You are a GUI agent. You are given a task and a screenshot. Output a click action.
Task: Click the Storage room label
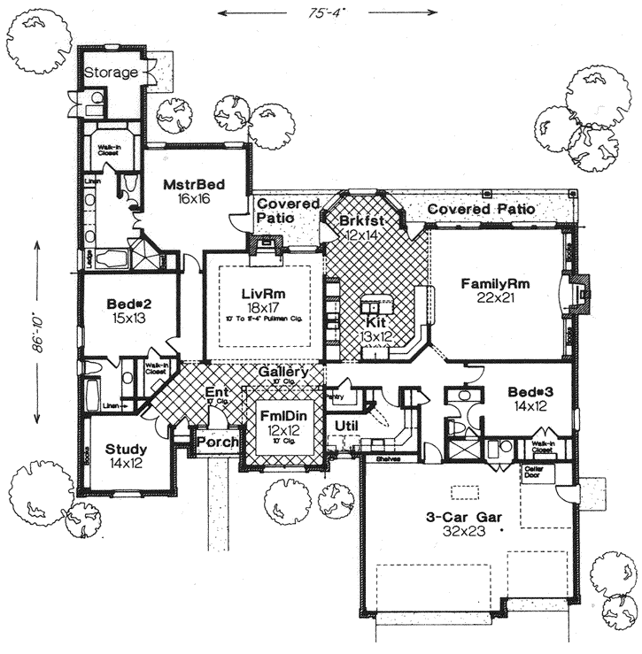tap(111, 73)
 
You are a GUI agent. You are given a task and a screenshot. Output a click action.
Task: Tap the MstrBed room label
tap(192, 185)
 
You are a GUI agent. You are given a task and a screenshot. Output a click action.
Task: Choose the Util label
tap(346, 426)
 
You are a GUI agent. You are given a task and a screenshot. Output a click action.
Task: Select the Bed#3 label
tap(531, 392)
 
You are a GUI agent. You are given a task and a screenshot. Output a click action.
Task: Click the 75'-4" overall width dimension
tap(328, 12)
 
